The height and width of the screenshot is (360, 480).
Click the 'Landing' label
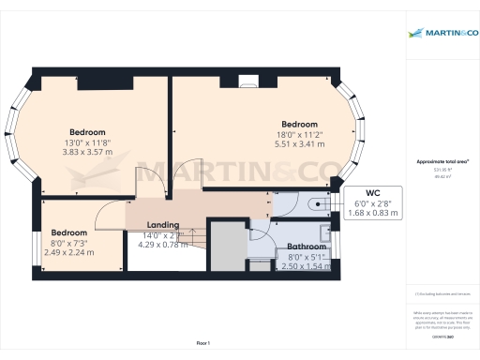161,224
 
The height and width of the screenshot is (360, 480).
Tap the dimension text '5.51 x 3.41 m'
299,144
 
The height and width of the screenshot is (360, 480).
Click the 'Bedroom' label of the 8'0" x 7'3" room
69,232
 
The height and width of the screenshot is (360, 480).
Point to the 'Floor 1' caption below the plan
202,344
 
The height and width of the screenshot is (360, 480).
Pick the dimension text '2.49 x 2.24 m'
70,252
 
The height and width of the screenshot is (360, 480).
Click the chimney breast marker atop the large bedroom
247,80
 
